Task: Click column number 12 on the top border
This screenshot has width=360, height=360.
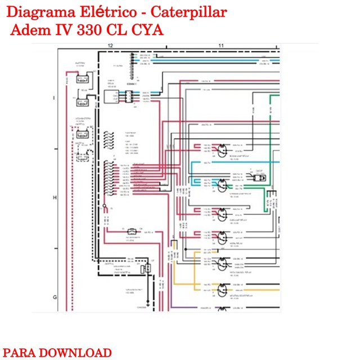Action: [110, 45]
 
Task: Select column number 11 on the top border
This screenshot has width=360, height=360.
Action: [221, 45]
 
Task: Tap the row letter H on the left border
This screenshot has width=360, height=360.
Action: [55, 198]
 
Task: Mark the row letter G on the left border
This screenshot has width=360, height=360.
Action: [55, 296]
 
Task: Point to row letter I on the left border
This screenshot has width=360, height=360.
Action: [55, 98]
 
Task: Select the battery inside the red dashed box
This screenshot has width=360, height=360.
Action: [82, 134]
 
